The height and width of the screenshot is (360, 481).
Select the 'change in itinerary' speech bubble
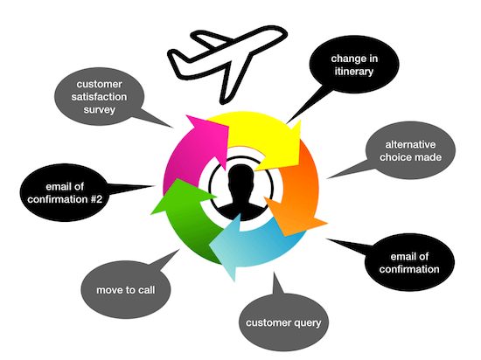(x=354, y=65)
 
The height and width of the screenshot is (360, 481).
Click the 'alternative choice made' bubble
(x=410, y=151)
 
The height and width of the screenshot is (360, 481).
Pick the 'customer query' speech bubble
(x=283, y=322)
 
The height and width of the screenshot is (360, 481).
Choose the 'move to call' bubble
(x=126, y=290)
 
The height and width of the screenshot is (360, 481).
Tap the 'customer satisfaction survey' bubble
(x=99, y=96)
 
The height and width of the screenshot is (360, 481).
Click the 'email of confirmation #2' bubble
(x=65, y=193)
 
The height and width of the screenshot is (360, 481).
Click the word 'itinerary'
(x=354, y=72)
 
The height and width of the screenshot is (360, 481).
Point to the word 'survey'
(x=100, y=110)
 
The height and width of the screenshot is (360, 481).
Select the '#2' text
(x=96, y=199)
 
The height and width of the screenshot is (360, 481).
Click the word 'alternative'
(x=410, y=144)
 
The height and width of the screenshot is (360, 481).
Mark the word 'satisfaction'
(x=99, y=97)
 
